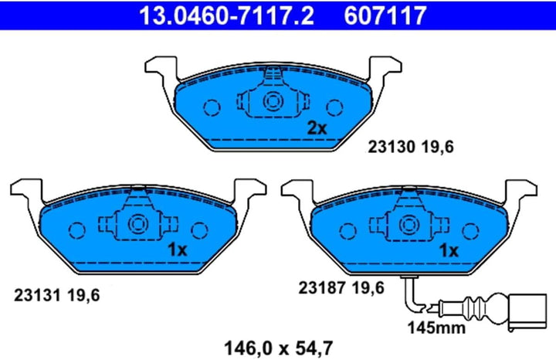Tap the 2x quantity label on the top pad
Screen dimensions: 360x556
pos(317,128)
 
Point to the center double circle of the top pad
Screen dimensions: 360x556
pos(272,101)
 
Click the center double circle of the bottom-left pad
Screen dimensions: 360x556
pos(137,225)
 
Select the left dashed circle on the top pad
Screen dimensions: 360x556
pos(211,107)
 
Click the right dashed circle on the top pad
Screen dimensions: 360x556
pos(334,107)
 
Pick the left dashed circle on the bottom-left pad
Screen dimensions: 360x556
pos(76,230)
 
